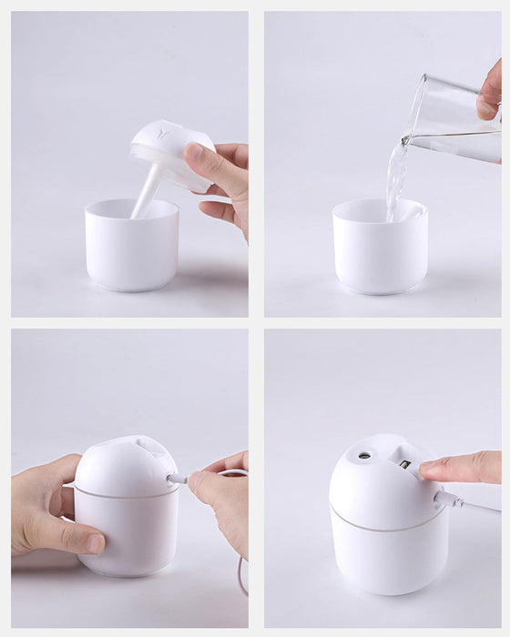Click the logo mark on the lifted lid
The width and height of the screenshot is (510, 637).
(162, 133)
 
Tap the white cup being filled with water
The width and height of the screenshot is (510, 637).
(380, 250)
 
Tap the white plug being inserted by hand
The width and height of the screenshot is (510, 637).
(177, 478)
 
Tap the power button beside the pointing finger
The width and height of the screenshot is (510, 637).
(404, 464)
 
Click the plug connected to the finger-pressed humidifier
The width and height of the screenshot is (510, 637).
(445, 498)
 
